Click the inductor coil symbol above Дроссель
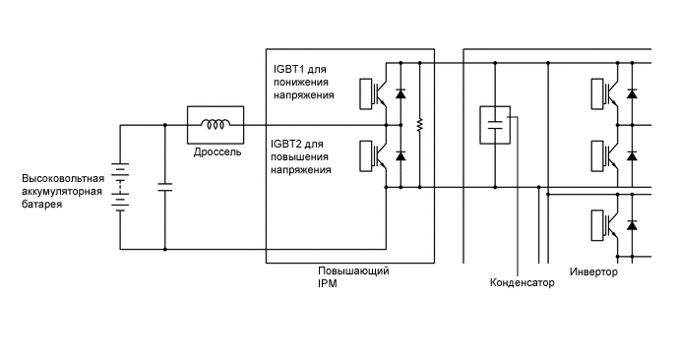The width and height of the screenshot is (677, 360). (214, 125)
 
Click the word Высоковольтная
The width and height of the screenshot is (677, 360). (63, 178)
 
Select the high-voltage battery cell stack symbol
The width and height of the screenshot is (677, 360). (119, 187)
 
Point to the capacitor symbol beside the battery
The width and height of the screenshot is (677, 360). (164, 187)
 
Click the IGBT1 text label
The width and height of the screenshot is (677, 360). (290, 71)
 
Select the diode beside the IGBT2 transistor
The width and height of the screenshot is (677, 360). (400, 156)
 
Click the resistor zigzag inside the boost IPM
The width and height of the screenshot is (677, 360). (420, 125)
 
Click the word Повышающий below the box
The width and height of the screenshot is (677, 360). (352, 270)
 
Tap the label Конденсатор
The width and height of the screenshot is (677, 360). (522, 283)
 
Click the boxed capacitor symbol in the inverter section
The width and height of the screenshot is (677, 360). (494, 125)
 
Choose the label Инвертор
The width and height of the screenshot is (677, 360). (593, 271)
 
